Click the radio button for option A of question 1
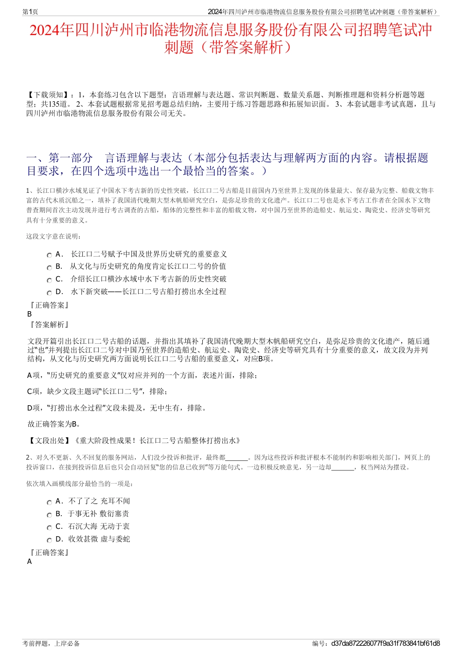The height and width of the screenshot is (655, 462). point(49,255)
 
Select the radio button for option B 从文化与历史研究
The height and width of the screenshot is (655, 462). point(49,268)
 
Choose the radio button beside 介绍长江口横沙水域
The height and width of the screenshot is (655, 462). point(49,281)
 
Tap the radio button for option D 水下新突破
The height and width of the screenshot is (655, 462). point(49,293)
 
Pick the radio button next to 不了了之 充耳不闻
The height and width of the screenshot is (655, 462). point(49,503)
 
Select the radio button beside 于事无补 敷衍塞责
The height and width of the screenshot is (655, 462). point(49,515)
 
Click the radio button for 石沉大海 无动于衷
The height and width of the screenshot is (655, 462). point(49,528)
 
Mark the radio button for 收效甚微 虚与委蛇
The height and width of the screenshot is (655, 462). point(49,541)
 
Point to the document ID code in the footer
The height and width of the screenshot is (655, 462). point(385,643)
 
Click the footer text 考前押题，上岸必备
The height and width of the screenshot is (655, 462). point(51,643)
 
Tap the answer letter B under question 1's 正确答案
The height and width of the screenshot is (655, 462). point(30,314)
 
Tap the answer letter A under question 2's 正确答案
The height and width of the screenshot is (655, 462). point(30,561)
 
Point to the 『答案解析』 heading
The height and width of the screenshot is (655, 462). point(49,325)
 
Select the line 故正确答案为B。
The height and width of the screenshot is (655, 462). point(54,424)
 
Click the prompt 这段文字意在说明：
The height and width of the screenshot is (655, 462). point(54,237)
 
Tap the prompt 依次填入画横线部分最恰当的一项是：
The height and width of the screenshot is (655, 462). point(80,484)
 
